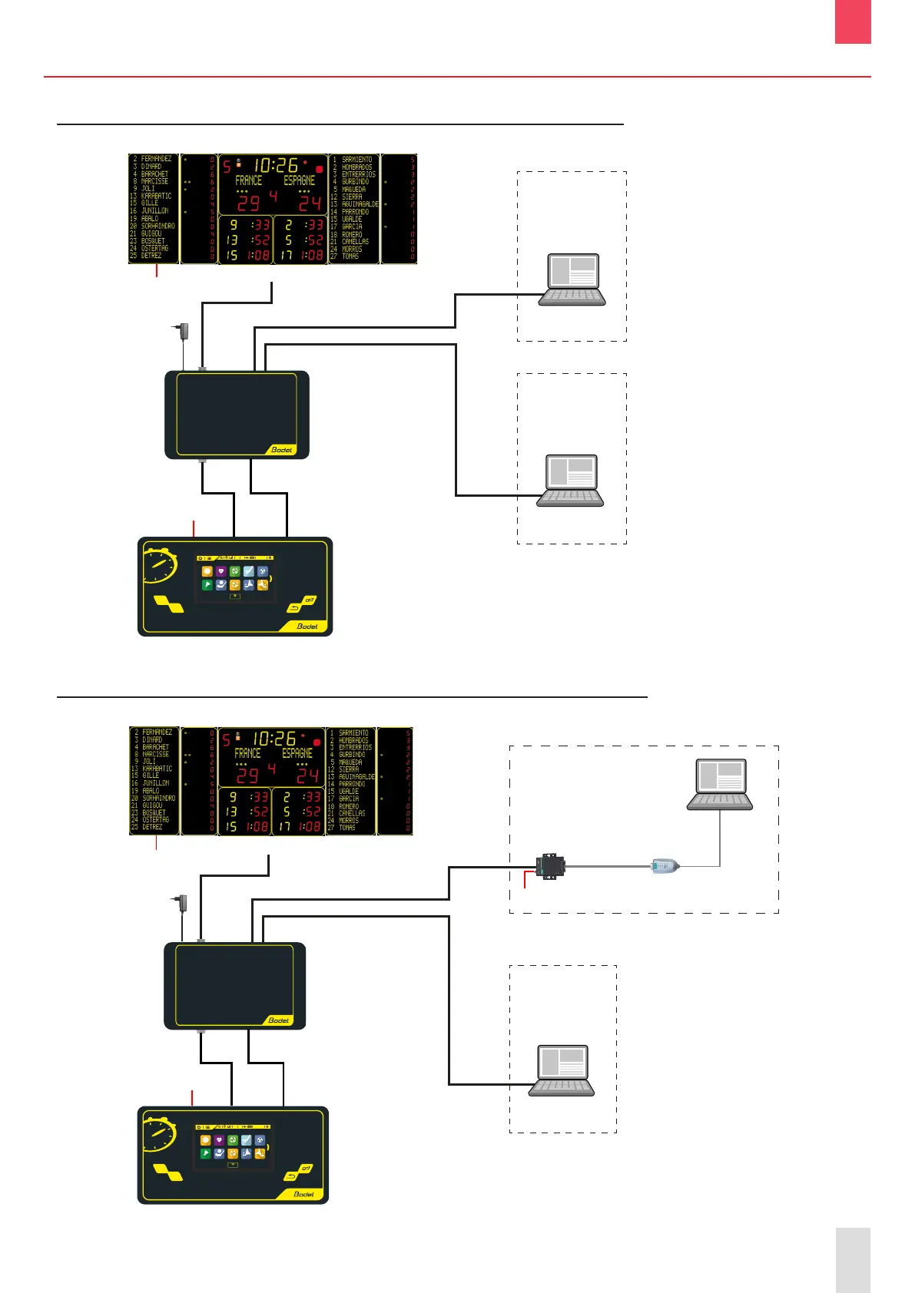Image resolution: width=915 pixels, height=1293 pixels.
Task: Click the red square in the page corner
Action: pyautogui.click(x=853, y=21)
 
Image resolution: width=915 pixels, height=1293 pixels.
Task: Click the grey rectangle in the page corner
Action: pyautogui.click(x=853, y=1259)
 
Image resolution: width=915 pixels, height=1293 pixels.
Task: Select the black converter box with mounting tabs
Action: pyautogui.click(x=550, y=866)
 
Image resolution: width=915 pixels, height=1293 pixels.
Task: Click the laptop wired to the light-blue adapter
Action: pyautogui.click(x=719, y=785)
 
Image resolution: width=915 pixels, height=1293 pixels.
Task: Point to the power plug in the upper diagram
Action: pyautogui.click(x=181, y=332)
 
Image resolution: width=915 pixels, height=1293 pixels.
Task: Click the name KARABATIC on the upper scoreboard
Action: pyautogui.click(x=156, y=196)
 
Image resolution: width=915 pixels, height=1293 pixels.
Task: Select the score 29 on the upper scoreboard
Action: pyautogui.click(x=249, y=203)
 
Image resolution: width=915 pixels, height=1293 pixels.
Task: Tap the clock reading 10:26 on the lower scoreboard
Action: pyautogui.click(x=274, y=739)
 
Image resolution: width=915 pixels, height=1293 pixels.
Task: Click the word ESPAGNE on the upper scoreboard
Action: pyautogui.click(x=300, y=180)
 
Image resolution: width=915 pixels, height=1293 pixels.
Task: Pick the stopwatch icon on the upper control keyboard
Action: pyautogui.click(x=161, y=566)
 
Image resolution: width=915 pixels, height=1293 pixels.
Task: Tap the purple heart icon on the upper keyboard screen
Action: pyautogui.click(x=220, y=571)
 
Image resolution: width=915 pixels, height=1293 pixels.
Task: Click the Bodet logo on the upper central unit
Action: pyautogui.click(x=282, y=449)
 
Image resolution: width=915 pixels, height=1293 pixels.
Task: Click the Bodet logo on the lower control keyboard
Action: pyautogui.click(x=304, y=1194)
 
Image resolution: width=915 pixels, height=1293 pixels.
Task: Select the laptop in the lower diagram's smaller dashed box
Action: pyautogui.click(x=562, y=1070)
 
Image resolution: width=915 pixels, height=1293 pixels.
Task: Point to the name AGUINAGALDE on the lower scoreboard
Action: pyautogui.click(x=356, y=776)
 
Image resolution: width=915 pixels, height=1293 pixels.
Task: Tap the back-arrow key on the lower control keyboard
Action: pyautogui.click(x=291, y=1176)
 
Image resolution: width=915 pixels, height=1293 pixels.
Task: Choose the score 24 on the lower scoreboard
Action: pyautogui.click(x=308, y=775)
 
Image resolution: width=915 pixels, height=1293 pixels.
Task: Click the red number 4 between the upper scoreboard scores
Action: pyautogui.click(x=273, y=197)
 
